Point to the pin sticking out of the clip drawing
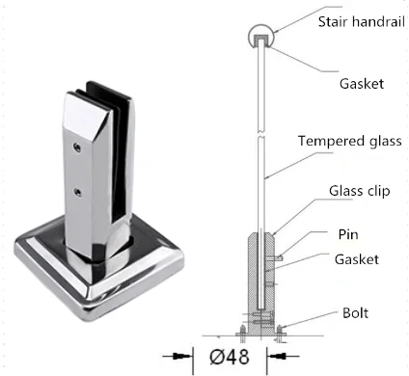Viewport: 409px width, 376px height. click(277, 256)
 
